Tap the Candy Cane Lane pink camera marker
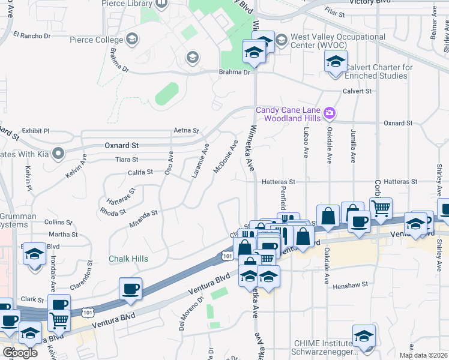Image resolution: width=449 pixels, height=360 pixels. (x=329, y=113)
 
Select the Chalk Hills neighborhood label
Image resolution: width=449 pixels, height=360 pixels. (x=128, y=259)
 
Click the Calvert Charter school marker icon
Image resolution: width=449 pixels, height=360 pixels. (x=336, y=61)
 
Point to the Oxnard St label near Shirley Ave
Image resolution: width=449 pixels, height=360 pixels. (x=399, y=123)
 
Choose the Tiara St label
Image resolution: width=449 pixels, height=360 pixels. (x=127, y=160)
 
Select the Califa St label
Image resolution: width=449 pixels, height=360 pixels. (x=141, y=173)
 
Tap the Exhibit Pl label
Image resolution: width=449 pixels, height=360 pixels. (x=35, y=131)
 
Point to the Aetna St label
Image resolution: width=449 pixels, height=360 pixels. (x=186, y=130)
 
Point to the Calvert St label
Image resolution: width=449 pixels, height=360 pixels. (x=357, y=91)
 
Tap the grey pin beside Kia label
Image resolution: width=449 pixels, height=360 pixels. (x=58, y=154)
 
